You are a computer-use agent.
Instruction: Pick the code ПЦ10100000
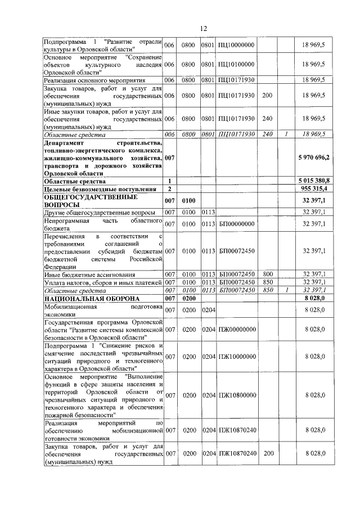coord(236,65)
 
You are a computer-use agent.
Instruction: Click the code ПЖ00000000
coord(237,328)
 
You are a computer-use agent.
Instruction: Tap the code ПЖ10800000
coord(237,395)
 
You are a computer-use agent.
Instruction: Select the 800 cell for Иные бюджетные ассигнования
coord(268,274)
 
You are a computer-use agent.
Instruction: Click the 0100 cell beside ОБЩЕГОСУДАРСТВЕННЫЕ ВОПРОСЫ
coord(188,200)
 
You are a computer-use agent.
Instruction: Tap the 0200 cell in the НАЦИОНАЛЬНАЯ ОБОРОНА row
coord(188,298)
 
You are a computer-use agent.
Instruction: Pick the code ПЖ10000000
coord(237,356)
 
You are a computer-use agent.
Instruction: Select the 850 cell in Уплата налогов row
coord(268,282)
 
